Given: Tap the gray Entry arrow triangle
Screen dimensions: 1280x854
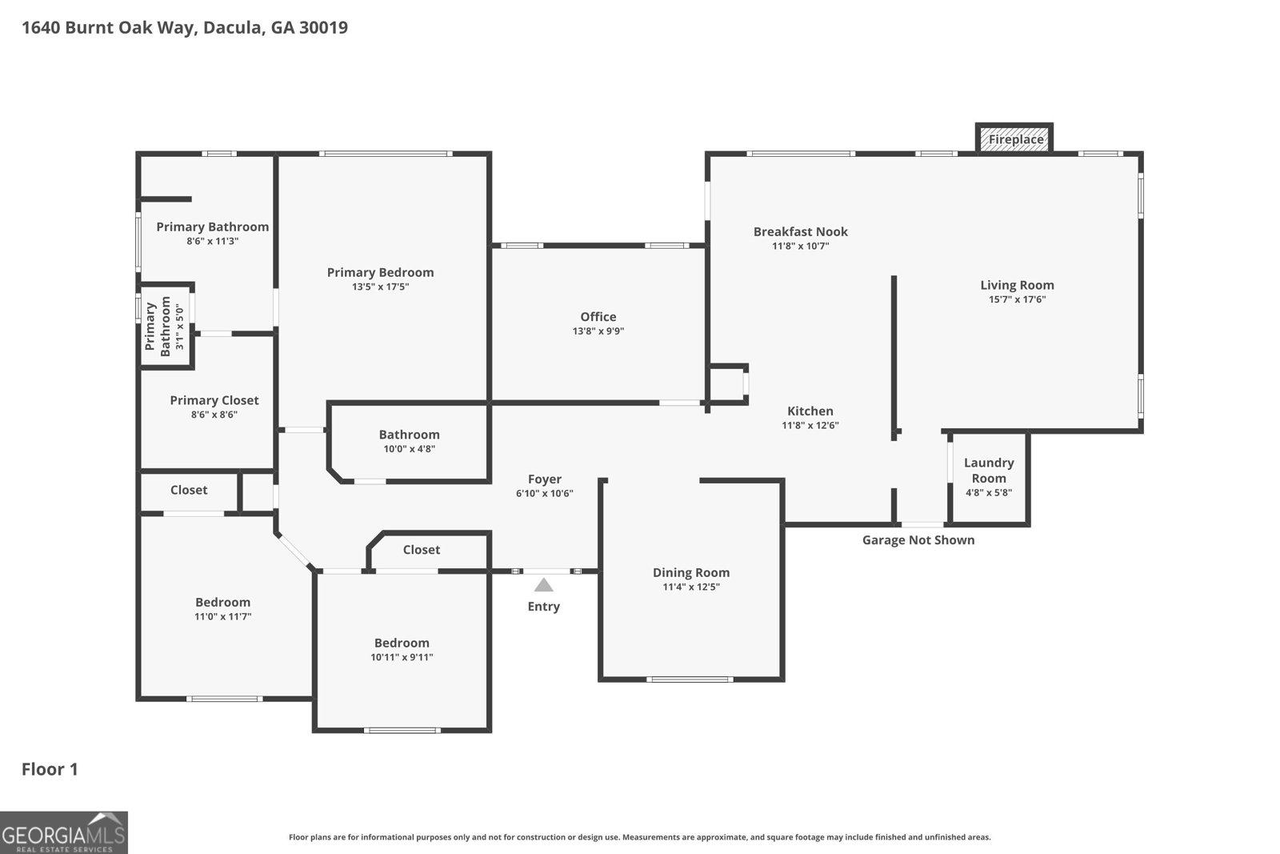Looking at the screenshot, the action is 543,585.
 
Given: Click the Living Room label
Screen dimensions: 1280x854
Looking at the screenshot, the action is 1017,285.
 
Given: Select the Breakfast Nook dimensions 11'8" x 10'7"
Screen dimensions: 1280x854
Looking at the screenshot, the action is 801,247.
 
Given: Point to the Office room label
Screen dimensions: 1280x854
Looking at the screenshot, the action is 598,317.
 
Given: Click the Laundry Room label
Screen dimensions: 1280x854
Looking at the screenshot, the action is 989,471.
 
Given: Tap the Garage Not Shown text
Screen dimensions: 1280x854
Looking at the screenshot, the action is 918,539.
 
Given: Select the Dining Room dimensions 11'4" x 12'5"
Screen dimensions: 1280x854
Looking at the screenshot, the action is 691,587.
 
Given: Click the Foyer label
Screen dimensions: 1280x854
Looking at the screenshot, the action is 545,479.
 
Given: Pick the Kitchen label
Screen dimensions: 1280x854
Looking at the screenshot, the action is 810,411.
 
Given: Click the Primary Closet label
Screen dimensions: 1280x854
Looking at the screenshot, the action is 214,400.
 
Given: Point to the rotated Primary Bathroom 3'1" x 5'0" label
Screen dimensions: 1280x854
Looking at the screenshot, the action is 165,326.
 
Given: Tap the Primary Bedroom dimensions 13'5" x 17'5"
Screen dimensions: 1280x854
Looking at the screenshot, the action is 381,287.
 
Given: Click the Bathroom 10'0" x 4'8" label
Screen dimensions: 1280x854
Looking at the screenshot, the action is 409,441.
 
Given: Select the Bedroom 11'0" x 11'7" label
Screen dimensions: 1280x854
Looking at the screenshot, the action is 223,609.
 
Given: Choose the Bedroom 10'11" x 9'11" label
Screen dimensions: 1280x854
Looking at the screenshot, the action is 402,649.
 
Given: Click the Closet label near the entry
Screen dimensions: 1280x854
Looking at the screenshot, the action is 421,550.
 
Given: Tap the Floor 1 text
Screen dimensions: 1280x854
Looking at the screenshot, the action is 50,769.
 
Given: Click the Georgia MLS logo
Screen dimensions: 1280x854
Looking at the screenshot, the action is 64,832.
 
